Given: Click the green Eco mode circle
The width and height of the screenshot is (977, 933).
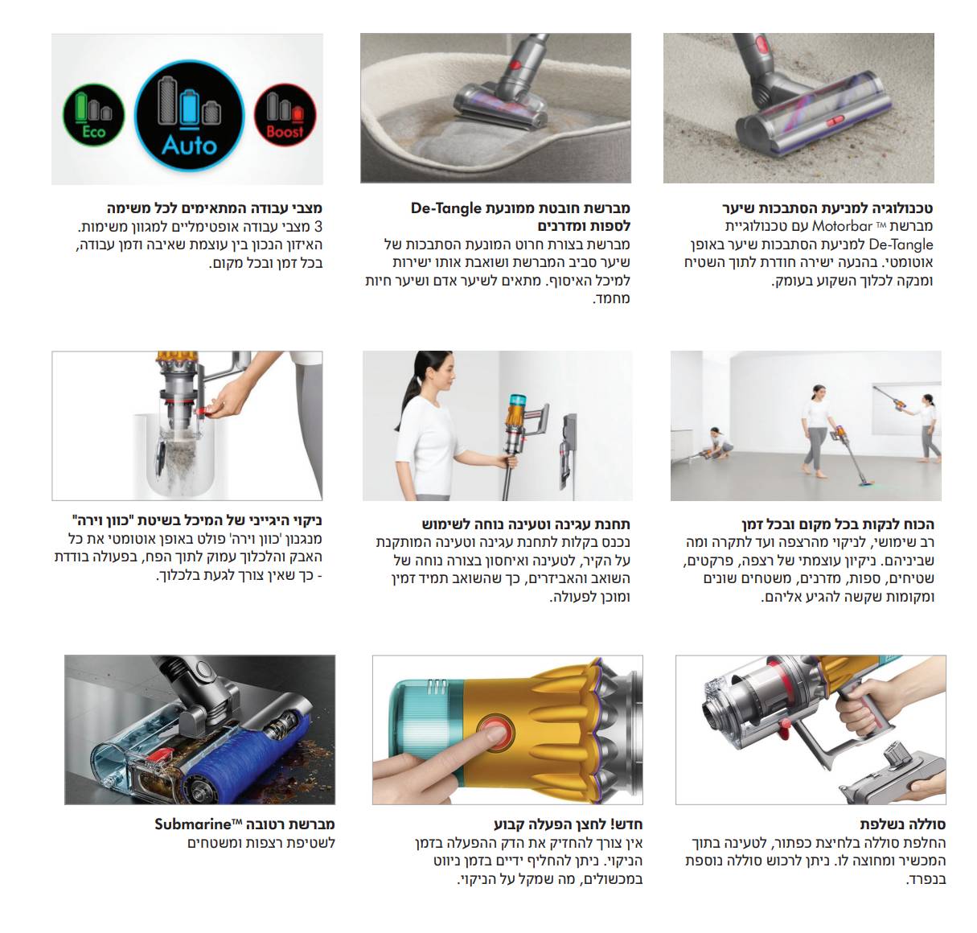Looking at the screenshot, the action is click(94, 115).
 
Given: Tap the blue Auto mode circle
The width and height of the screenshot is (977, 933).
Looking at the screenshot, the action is click(189, 115).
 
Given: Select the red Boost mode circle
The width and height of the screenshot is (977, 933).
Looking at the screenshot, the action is click(285, 115).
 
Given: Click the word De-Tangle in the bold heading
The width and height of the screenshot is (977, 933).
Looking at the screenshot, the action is click(445, 208).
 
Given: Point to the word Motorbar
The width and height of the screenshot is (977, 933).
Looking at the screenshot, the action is click(842, 227).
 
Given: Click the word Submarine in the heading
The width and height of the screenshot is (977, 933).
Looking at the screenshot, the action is click(192, 824).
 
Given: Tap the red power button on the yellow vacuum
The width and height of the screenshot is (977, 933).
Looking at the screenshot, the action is click(495, 734).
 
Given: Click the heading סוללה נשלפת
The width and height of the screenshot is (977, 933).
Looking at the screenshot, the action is click(902, 824).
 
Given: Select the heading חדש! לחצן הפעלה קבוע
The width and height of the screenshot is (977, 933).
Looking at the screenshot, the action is click(568, 824).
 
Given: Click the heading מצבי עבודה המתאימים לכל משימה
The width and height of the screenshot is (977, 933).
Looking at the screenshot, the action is click(215, 208).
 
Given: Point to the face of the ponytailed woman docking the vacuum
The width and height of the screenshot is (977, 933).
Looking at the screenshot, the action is click(441, 372).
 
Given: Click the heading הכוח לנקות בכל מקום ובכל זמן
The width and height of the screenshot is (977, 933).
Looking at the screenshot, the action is click(837, 524).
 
